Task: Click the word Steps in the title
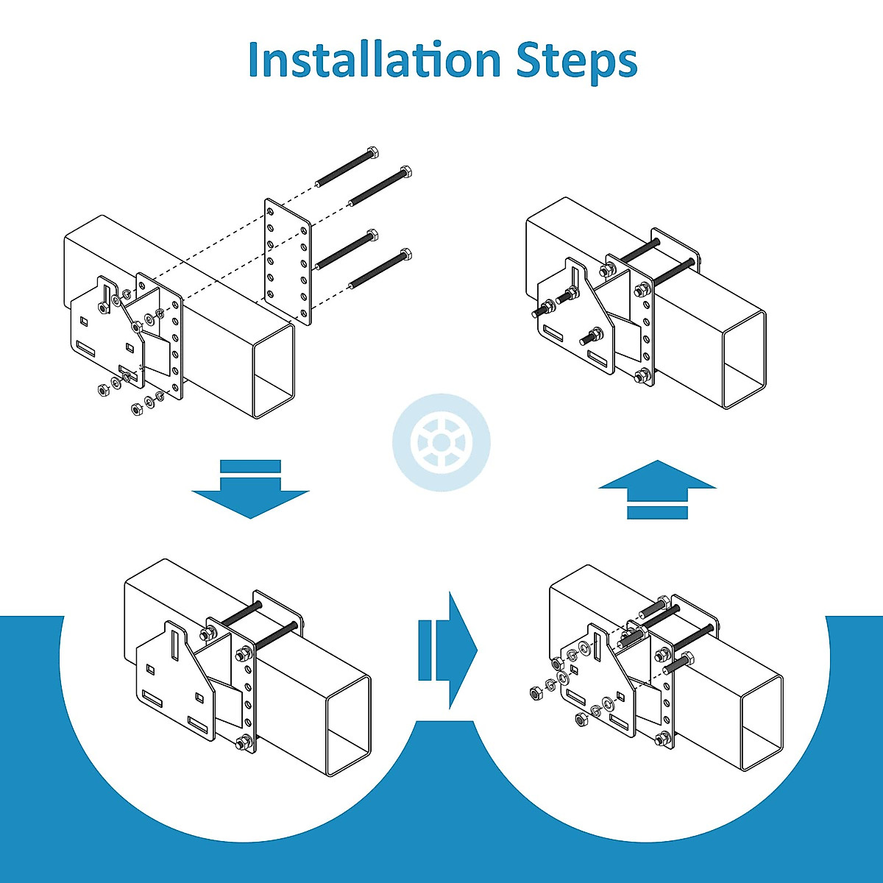tap(575, 62)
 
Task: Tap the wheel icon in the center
tap(439, 444)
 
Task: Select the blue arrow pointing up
tap(656, 476)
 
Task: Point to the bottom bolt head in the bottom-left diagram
tap(241, 743)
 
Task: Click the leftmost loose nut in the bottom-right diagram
tap(535, 692)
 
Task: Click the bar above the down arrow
tap(250, 466)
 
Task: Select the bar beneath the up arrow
tap(657, 512)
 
